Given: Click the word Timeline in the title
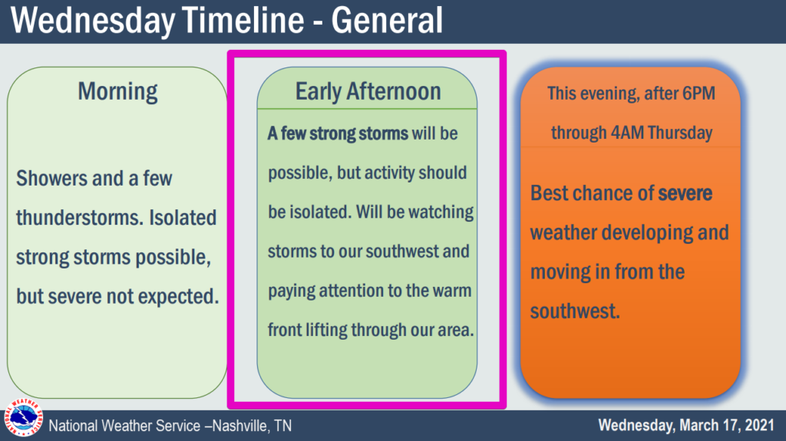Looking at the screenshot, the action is click(x=243, y=20).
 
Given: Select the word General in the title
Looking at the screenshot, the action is click(x=387, y=20).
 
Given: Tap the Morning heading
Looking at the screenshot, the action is click(x=117, y=92).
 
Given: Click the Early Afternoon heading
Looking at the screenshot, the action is click(x=368, y=91).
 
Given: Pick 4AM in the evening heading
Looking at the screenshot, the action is click(x=627, y=133).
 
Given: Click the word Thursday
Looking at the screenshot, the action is click(x=680, y=133).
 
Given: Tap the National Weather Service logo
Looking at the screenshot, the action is click(x=23, y=417).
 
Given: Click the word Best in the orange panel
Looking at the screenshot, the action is click(x=550, y=193).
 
